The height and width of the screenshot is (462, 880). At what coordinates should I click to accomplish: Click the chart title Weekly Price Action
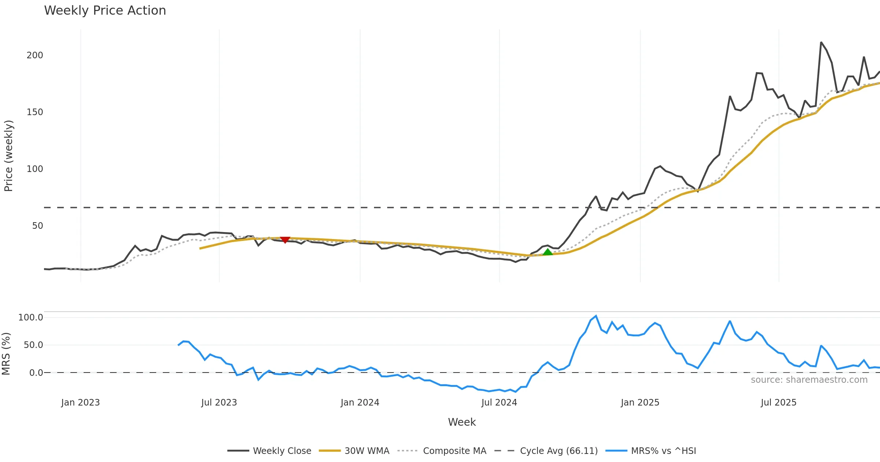click(x=105, y=11)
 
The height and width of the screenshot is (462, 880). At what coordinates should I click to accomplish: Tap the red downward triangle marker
click(x=285, y=240)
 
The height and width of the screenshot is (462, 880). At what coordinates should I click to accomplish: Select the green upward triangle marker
click(x=547, y=252)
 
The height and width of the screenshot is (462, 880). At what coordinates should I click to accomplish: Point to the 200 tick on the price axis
click(x=35, y=55)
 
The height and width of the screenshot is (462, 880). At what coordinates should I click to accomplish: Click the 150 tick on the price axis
click(x=35, y=112)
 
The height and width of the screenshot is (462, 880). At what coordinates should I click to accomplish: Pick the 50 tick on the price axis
click(x=37, y=226)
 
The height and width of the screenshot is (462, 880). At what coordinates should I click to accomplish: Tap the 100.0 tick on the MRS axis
click(x=31, y=318)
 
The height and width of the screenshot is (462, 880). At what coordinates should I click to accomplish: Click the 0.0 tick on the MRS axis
click(x=36, y=373)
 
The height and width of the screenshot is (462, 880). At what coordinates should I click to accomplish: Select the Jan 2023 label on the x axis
click(x=80, y=403)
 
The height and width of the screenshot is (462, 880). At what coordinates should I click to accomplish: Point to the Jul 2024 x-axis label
click(x=499, y=403)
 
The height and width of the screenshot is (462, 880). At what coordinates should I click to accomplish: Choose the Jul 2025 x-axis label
click(x=778, y=403)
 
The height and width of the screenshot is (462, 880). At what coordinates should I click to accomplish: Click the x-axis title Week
click(x=462, y=422)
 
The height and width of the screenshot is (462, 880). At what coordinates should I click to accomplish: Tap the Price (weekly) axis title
click(x=8, y=156)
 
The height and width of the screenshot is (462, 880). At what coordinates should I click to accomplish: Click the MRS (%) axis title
click(x=6, y=354)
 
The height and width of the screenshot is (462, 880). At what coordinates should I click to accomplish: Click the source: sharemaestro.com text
click(x=809, y=380)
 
